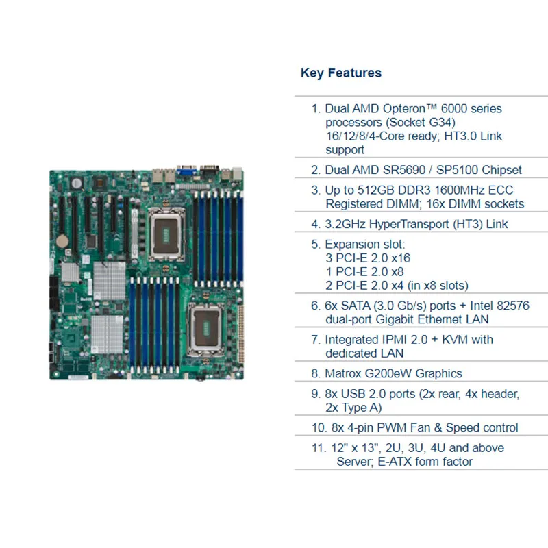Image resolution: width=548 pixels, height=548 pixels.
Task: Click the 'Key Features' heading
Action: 340,73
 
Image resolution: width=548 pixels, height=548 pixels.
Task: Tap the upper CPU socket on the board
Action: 166,229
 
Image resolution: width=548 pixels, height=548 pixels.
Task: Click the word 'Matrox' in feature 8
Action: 345,373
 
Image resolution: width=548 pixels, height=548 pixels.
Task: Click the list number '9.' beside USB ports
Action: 316,394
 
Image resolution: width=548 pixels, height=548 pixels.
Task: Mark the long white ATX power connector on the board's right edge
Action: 242,333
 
